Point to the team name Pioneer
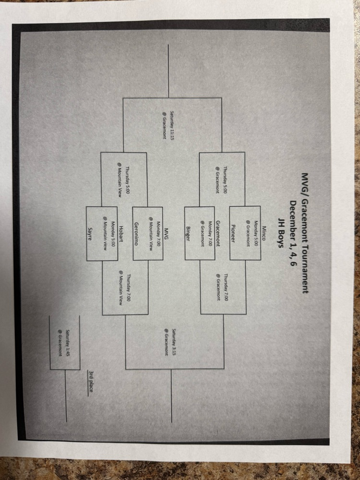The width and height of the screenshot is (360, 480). pyautogui.click(x=233, y=233)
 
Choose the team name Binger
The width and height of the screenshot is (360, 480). pyautogui.click(x=188, y=233)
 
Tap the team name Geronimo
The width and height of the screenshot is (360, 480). pyautogui.click(x=136, y=233)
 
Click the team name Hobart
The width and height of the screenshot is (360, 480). pyautogui.click(x=121, y=233)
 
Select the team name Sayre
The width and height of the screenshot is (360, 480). pyautogui.click(x=89, y=233)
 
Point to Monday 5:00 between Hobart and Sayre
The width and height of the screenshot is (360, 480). pyautogui.click(x=109, y=233)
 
